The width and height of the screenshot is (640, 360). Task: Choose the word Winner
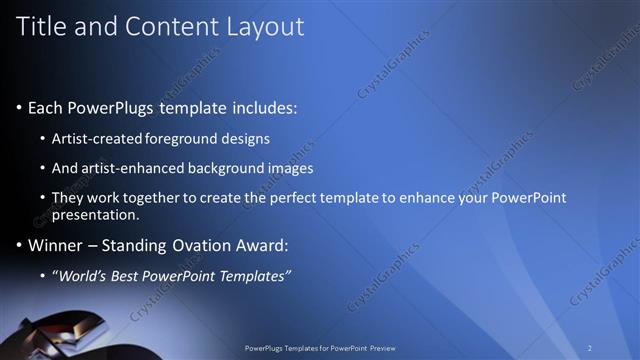55,245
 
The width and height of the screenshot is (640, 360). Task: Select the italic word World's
85,276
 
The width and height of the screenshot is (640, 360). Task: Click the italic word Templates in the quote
251,276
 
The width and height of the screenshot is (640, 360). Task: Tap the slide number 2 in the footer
589,348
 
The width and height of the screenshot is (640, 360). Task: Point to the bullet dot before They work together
43,198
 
